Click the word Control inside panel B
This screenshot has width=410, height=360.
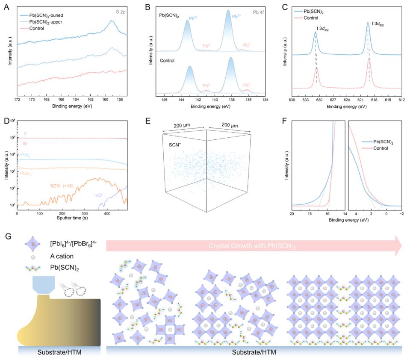(x=168, y=61)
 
